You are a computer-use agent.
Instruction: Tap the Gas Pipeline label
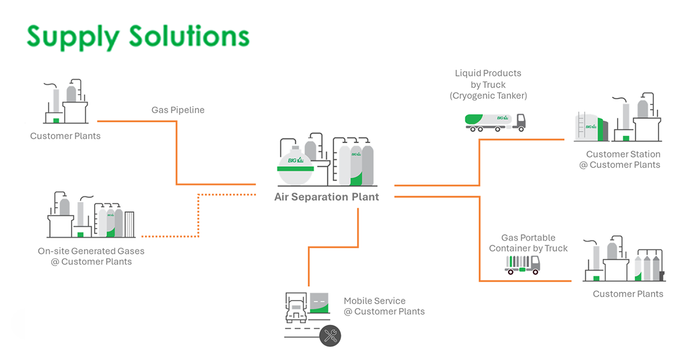point(178,110)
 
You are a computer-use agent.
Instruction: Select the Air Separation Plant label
point(326,197)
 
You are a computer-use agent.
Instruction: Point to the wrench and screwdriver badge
point(330,336)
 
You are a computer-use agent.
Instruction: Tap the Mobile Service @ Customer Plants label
point(384,306)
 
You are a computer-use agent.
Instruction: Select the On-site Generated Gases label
point(91,256)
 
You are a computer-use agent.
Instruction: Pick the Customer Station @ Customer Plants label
point(623,159)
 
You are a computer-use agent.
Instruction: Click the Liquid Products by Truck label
point(488,84)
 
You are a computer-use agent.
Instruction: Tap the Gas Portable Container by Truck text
point(528,243)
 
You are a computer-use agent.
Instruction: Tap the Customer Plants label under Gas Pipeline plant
point(65,136)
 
